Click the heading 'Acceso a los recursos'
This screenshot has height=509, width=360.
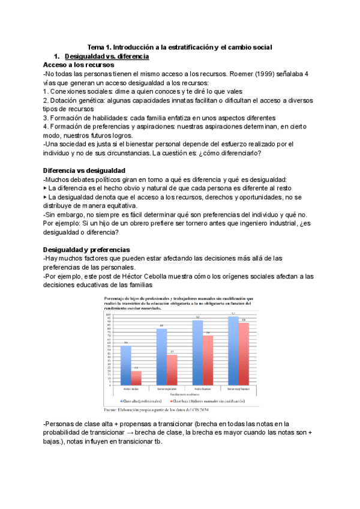(74, 64)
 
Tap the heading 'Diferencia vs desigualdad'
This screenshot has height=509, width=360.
(84, 170)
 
